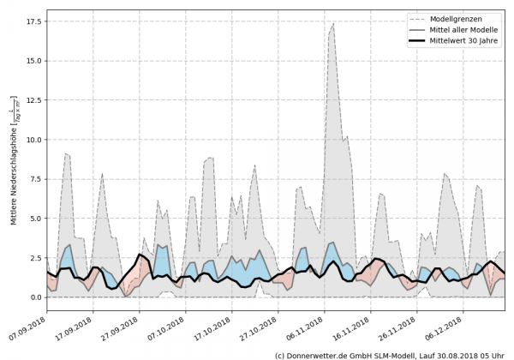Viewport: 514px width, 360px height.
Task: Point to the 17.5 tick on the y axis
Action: point(33,22)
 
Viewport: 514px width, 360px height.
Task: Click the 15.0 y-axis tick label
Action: point(33,61)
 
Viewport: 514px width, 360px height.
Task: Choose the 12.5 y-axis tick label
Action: point(33,100)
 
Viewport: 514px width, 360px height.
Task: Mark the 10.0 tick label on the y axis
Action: point(33,140)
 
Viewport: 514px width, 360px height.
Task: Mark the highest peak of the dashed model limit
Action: point(333,24)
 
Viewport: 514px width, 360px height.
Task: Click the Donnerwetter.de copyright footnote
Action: point(389,354)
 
